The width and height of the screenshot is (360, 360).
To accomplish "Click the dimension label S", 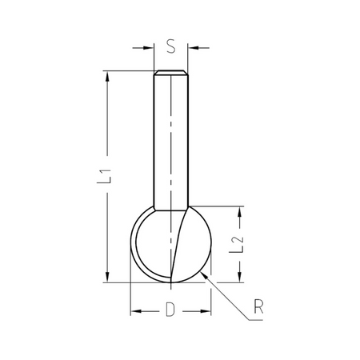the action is point(171,46).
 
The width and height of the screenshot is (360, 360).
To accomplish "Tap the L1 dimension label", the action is point(104,176).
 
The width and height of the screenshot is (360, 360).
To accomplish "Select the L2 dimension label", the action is point(237,244).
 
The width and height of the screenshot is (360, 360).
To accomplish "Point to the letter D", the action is point(170,310).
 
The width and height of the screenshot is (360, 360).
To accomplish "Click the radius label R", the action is point(258,306).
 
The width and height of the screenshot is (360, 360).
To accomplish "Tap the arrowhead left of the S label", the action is point(149,48).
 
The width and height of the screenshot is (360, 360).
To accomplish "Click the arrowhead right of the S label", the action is point(193,48).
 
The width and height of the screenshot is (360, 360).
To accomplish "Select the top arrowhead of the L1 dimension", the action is point(107,76).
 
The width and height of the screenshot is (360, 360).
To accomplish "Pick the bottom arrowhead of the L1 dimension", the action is point(107,277).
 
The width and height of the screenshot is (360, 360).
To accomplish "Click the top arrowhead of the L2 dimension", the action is point(240,212).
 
